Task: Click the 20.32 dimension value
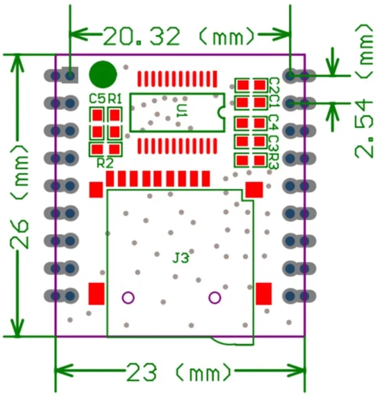pos(142,37)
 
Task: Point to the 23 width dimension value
pos(142,372)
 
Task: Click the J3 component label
pos(181,258)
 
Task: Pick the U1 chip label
pos(182,111)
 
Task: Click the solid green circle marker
pos(102,75)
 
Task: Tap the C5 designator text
pos(97,99)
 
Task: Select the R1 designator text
pos(115,99)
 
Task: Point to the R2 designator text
pos(105,163)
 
